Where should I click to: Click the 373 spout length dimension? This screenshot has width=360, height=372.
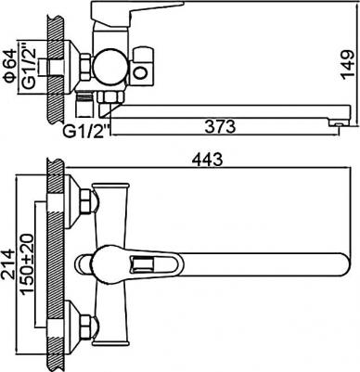(x=220, y=127)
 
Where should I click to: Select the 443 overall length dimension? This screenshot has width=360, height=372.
(x=207, y=160)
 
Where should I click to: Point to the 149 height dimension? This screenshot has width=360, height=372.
(x=347, y=65)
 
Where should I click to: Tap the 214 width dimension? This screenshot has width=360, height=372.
(x=8, y=264)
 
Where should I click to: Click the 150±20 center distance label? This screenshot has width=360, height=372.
(x=27, y=263)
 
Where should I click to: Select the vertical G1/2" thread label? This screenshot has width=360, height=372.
(x=29, y=68)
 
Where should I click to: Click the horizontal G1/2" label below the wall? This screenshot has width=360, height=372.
(x=87, y=132)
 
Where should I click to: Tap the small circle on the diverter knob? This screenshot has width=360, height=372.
(x=141, y=73)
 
